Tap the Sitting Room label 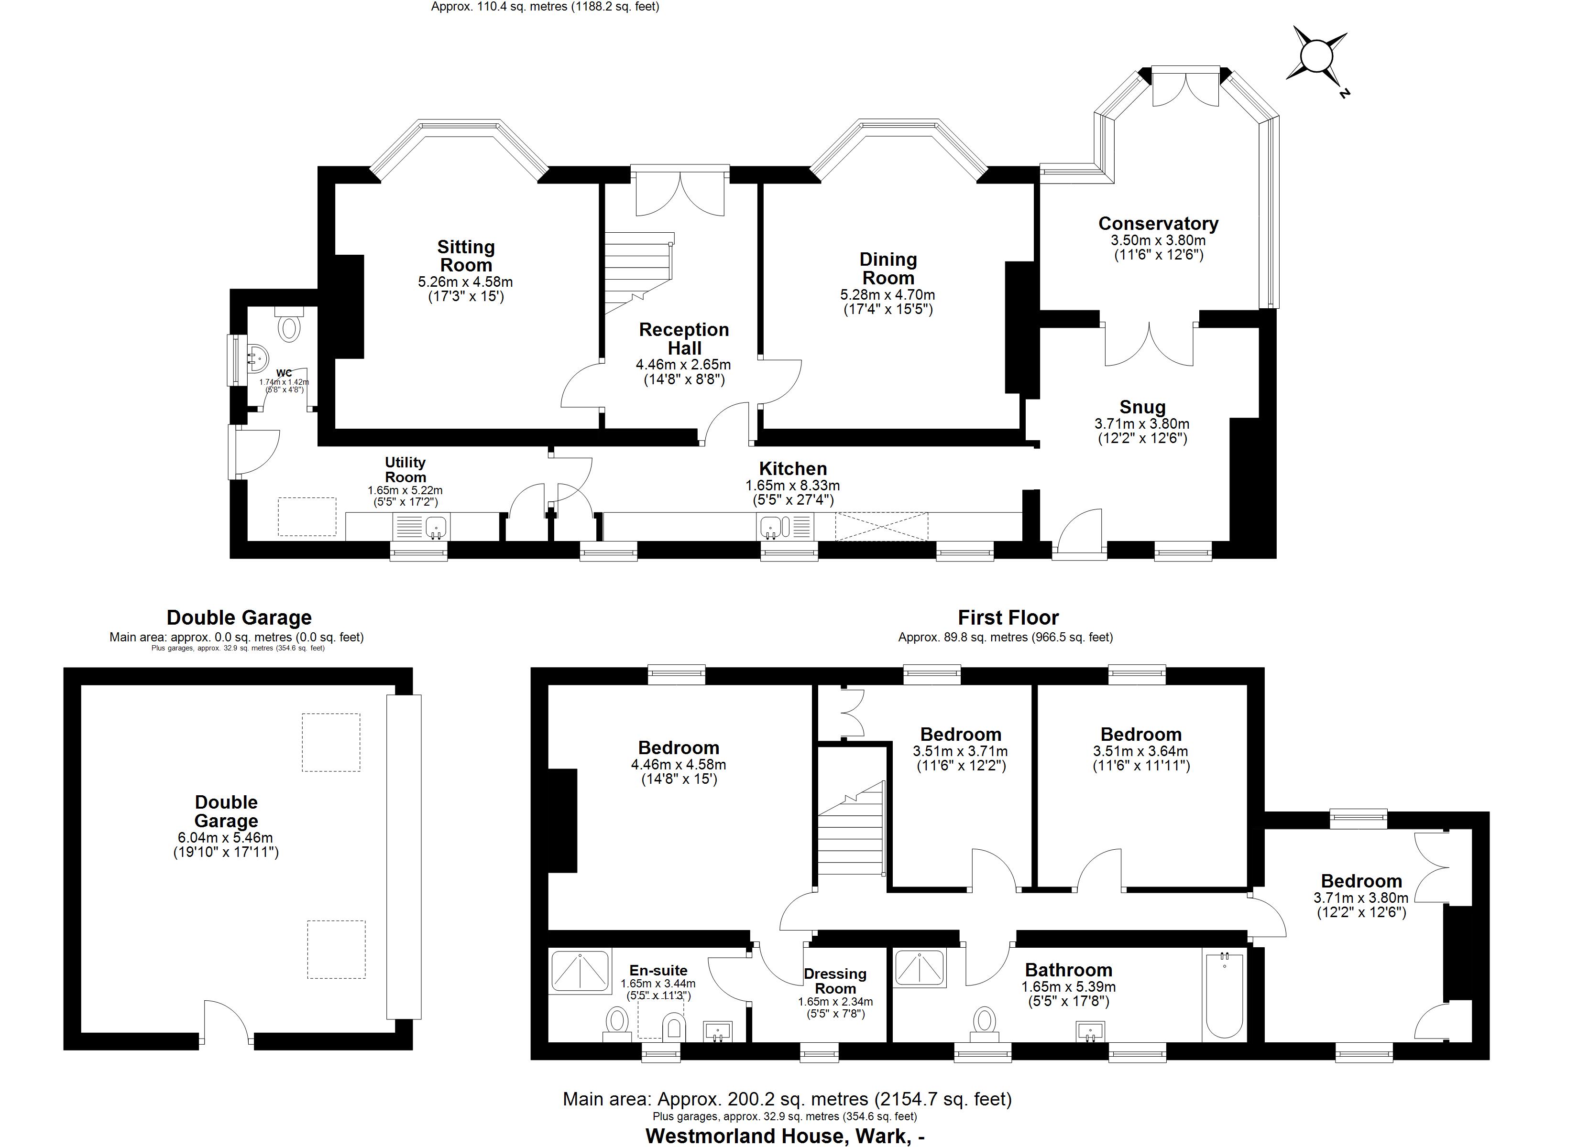click(x=465, y=256)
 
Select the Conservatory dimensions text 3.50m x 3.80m click(x=1158, y=240)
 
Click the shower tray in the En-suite click(x=580, y=972)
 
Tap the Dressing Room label click(x=835, y=981)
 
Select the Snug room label click(x=1142, y=407)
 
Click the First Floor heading click(x=1008, y=617)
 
